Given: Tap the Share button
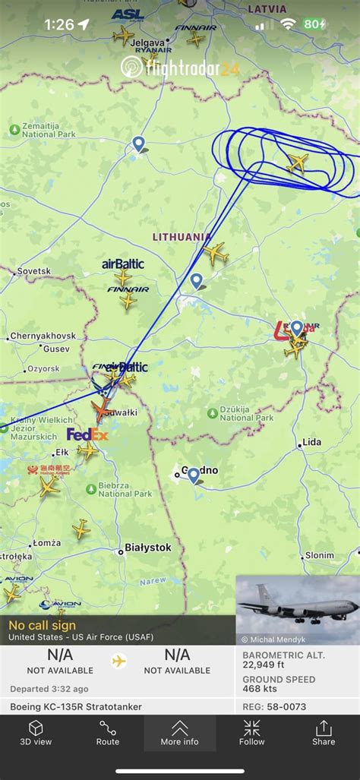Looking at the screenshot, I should point(324,732).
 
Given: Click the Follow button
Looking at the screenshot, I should point(252,732).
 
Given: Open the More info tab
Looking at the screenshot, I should point(180,732).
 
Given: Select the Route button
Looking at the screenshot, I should point(108,732).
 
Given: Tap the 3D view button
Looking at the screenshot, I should point(36,732).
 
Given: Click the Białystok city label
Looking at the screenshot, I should point(148,548).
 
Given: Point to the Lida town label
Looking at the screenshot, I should point(311,442).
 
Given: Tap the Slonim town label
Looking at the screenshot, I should point(319,555).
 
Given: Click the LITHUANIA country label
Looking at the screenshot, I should point(182,237).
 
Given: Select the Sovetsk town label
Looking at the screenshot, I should point(33,271).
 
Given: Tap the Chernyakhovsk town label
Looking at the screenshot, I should point(43,336).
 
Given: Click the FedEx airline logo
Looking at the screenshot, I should point(87,435).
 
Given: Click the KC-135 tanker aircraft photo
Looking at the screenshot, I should point(297,609).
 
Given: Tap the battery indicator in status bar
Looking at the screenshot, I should point(314,24).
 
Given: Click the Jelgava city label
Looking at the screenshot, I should point(147,43).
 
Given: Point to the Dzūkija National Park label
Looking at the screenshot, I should point(246,414).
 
